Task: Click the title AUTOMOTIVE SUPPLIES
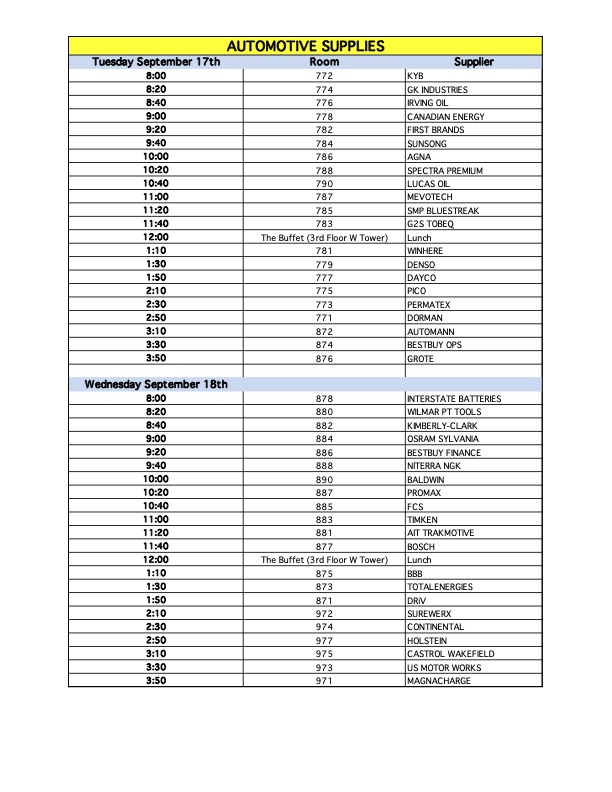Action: point(305,46)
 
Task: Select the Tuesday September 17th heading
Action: point(156,62)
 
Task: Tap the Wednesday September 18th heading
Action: point(156,384)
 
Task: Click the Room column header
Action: point(324,62)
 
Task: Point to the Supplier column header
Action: point(474,62)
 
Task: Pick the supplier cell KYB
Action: point(416,76)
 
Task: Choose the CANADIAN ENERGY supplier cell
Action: point(446,117)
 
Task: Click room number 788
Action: point(324,171)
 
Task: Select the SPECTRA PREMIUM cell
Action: point(445,171)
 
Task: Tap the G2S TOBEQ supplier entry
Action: point(431,224)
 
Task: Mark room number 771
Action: point(324,318)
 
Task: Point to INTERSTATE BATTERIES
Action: point(454,399)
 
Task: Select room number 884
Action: point(324,439)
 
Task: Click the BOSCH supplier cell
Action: point(422,547)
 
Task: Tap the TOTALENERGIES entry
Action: point(440,587)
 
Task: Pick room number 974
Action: point(324,627)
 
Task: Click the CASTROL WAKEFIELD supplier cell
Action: point(451,654)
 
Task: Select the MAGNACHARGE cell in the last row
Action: point(439,681)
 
